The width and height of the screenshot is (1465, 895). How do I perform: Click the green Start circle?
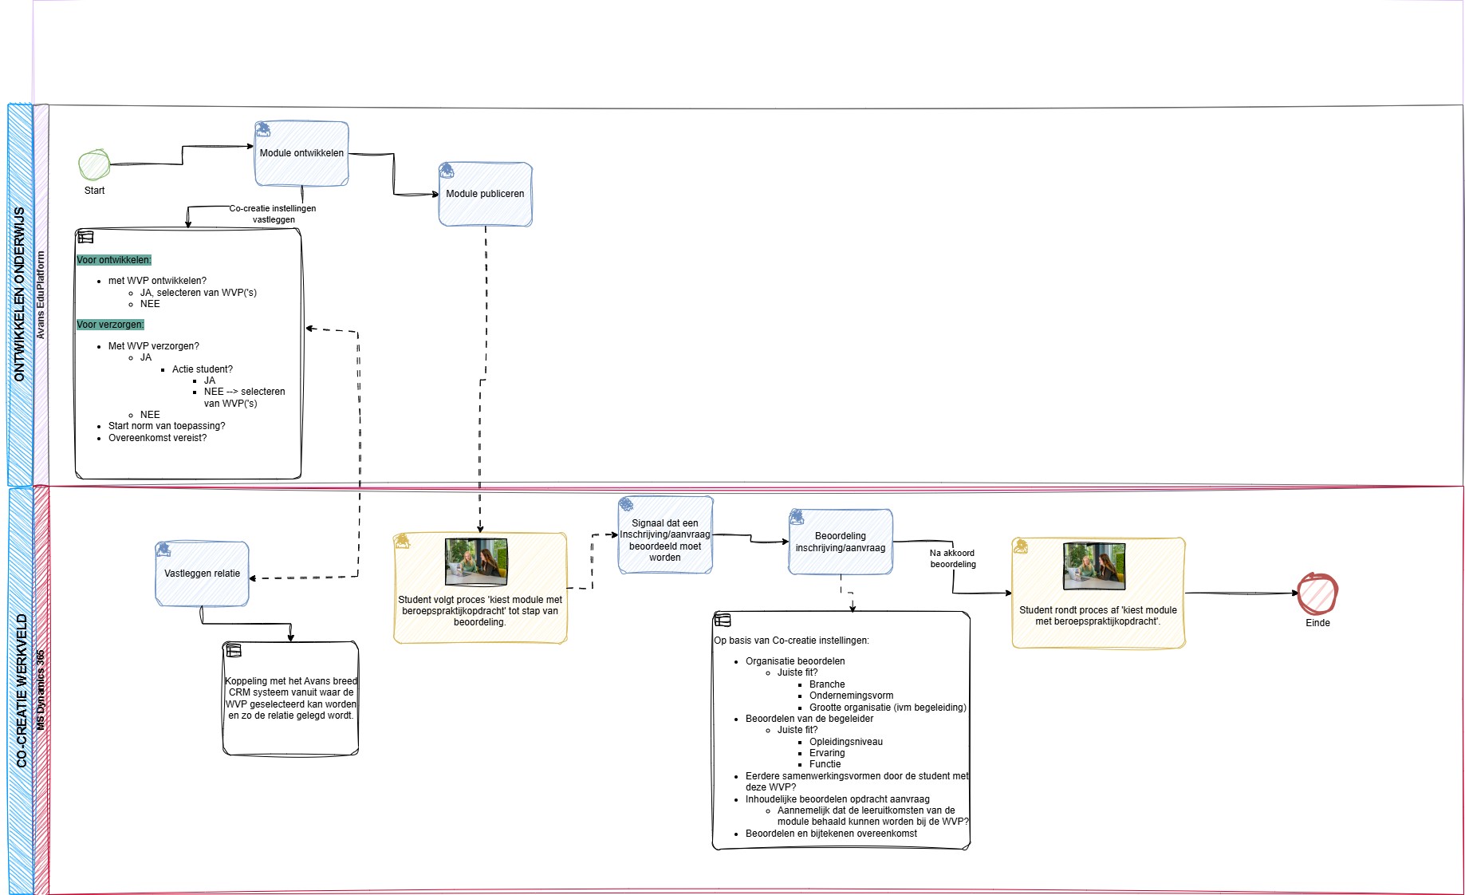tap(94, 165)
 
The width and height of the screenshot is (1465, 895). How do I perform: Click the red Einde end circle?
tap(1317, 593)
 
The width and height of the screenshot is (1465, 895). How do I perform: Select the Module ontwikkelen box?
tap(301, 153)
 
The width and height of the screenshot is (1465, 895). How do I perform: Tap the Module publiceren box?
tap(485, 194)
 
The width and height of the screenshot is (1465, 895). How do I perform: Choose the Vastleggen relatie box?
tap(202, 574)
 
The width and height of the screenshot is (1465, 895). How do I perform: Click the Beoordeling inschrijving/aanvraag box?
tap(841, 542)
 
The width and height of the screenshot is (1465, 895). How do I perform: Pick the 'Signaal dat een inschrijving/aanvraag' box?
tap(665, 534)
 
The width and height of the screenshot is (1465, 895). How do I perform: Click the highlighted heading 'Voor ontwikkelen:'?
tap(114, 260)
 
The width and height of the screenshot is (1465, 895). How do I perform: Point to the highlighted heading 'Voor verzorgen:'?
tap(110, 325)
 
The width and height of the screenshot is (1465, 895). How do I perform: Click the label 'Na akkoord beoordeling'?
tap(952, 558)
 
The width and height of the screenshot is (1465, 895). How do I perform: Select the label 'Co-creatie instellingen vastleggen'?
tap(273, 214)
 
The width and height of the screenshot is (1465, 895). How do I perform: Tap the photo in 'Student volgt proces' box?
tap(476, 562)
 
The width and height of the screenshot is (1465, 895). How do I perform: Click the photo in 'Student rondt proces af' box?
tap(1094, 566)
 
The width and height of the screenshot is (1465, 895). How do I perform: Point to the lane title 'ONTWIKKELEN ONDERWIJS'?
tap(20, 294)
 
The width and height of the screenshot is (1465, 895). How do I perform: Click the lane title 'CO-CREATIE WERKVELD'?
tap(22, 691)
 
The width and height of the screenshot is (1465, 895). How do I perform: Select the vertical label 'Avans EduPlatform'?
tap(41, 295)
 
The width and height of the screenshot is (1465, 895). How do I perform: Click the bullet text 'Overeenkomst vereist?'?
tap(157, 438)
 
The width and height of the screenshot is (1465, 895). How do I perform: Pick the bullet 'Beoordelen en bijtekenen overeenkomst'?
tap(831, 834)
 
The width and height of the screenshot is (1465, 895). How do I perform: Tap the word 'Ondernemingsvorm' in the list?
tap(851, 696)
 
